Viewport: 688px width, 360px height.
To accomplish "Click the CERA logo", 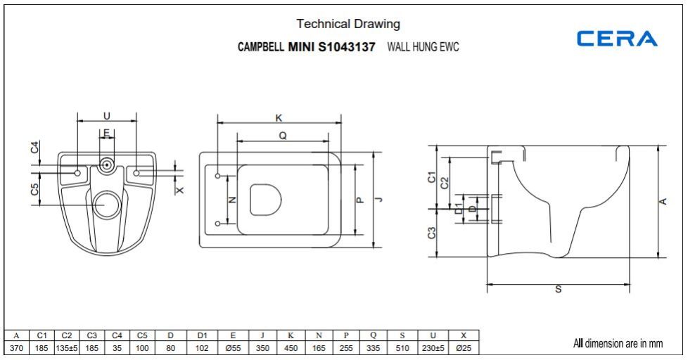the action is tap(616, 38).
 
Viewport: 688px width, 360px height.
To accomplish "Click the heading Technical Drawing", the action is tap(348, 24).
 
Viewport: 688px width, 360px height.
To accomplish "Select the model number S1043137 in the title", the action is tap(347, 47).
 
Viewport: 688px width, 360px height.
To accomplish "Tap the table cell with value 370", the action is tap(17, 348).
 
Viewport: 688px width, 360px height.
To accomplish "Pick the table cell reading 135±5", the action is tap(67, 348).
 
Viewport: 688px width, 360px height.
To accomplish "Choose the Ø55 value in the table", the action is tap(233, 348).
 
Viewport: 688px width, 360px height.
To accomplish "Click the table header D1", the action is tap(202, 335).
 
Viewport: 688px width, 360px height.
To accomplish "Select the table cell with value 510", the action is tap(402, 348).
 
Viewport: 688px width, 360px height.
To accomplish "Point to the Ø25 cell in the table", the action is tap(464, 348).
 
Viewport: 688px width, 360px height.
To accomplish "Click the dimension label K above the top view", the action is tap(279, 118).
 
